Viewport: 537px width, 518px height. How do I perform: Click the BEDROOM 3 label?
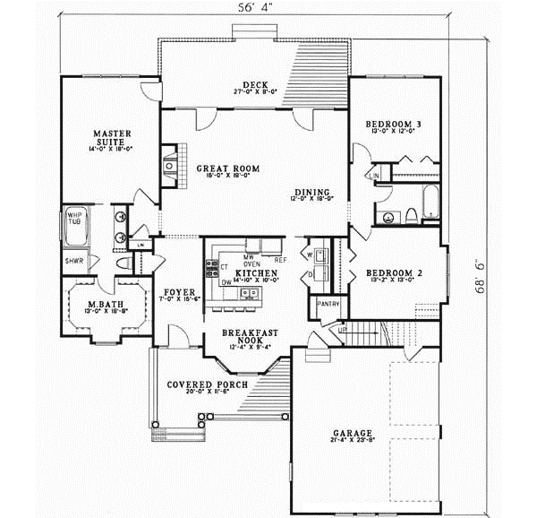394,124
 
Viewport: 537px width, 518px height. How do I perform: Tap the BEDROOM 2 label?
394,272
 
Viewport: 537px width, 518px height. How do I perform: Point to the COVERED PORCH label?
201,385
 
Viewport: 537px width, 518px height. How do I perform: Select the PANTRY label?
327,304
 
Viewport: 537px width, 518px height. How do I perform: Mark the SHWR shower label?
73,261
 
